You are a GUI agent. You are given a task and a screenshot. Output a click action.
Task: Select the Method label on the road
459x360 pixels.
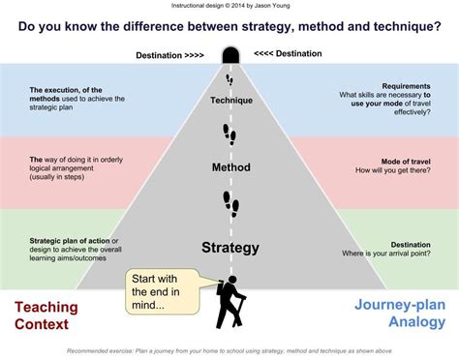230,167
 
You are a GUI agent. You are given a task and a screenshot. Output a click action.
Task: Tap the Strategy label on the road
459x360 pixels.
230,248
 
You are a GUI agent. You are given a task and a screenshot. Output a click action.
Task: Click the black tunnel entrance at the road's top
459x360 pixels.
230,55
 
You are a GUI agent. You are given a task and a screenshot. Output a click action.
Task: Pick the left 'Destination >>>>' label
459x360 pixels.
171,54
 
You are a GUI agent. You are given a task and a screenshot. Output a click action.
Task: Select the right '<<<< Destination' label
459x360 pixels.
289,54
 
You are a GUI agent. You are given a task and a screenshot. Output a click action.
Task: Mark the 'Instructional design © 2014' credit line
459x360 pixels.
229,6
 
